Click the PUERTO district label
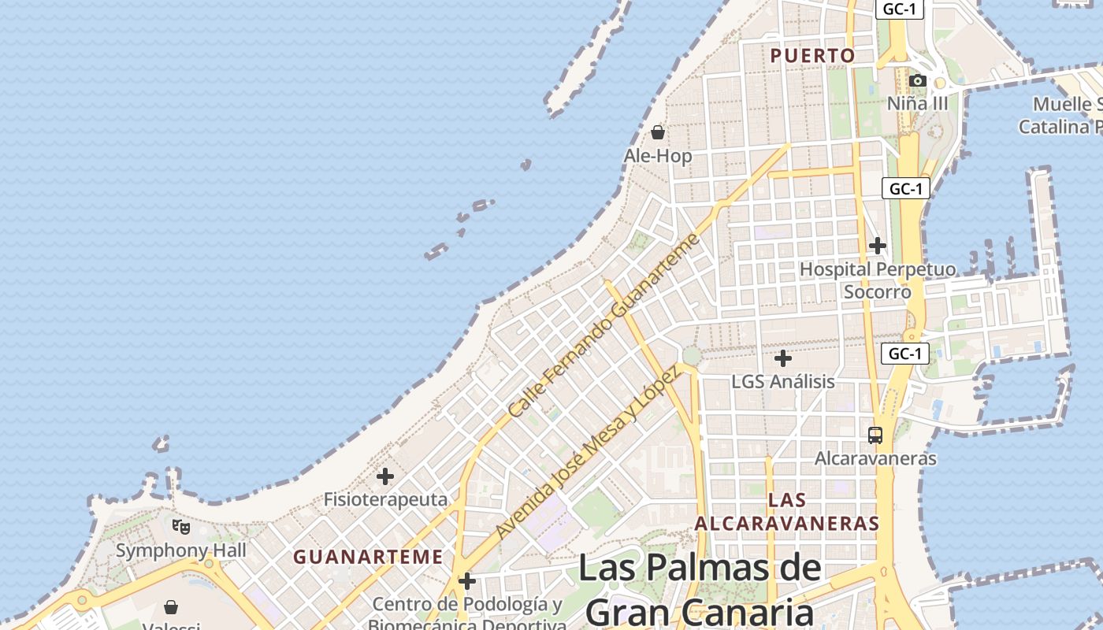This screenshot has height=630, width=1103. (812, 56)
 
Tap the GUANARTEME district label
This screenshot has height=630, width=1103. (368, 557)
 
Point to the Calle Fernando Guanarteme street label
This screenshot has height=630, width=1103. (603, 325)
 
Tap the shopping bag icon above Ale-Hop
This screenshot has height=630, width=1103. (658, 132)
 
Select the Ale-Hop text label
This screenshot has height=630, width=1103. (658, 156)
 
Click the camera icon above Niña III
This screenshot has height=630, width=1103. (917, 80)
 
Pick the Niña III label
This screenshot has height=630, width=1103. (917, 103)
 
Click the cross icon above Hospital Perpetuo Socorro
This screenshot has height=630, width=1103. (878, 246)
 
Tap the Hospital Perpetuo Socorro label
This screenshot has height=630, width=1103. (878, 280)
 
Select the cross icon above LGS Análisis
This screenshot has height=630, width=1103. (782, 358)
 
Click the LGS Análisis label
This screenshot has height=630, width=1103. (782, 382)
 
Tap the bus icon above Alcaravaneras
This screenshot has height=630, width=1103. (875, 435)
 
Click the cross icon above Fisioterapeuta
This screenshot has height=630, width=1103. (385, 476)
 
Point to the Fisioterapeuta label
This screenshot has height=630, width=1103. (385, 500)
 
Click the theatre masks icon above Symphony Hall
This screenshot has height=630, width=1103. (181, 527)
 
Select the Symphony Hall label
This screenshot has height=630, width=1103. (181, 550)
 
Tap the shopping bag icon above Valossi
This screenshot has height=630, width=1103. (171, 607)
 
